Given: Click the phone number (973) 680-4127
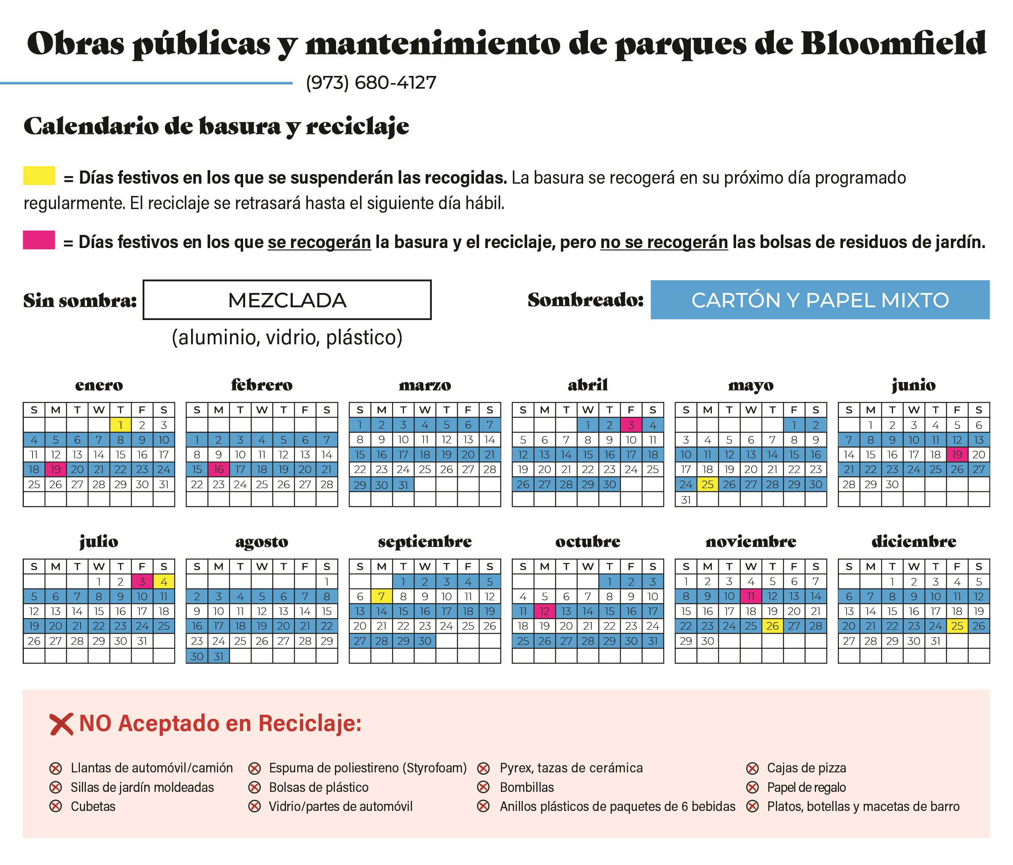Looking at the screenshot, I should click(371, 83).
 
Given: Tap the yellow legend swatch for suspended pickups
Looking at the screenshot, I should click(39, 176).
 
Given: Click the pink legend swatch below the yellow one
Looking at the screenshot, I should click(39, 240).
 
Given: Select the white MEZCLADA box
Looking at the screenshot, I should click(287, 300).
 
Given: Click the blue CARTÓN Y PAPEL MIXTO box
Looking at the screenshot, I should click(820, 300).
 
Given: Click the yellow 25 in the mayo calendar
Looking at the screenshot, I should click(708, 484).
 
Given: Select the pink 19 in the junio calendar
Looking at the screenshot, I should click(957, 454).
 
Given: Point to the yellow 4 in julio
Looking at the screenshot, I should click(164, 582).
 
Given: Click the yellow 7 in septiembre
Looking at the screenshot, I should click(381, 596).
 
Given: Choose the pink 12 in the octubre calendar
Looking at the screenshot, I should click(545, 611).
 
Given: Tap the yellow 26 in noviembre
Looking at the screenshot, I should click(772, 626).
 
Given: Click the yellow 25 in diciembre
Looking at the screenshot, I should click(957, 626).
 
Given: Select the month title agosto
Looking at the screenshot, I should click(261, 541).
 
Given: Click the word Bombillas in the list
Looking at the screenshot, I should click(526, 787).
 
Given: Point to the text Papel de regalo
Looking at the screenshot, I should click(806, 787).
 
